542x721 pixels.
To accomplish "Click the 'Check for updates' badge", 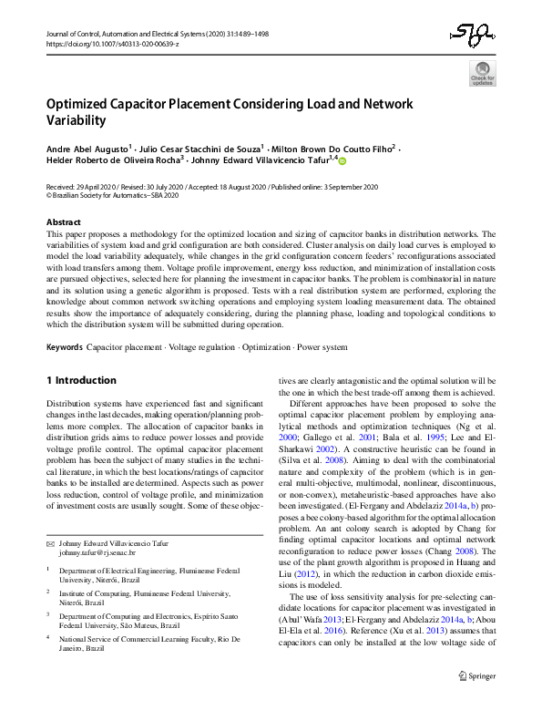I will click(x=482, y=73).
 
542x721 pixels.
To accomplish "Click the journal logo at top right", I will click(x=476, y=37).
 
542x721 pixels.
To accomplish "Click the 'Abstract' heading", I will click(x=63, y=222).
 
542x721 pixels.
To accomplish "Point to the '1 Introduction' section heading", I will click(x=81, y=379).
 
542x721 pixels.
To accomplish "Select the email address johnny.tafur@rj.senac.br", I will click(x=97, y=528).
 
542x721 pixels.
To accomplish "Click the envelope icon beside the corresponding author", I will click(x=50, y=518).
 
